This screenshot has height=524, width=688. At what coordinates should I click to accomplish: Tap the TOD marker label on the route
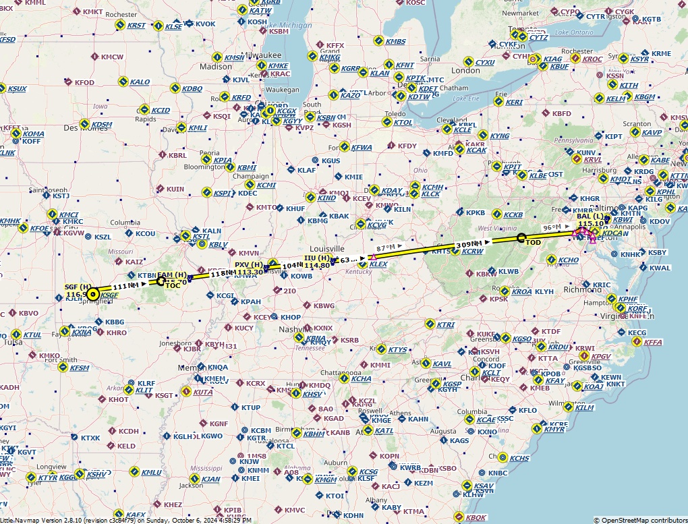pyautogui.click(x=534, y=243)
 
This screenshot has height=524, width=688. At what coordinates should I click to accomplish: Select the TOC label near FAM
pyautogui.click(x=173, y=285)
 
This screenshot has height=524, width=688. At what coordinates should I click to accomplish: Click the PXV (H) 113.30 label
pyautogui.click(x=249, y=268)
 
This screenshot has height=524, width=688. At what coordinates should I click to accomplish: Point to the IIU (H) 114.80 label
pyautogui.click(x=317, y=262)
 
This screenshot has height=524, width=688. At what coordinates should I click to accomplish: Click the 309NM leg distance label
pyautogui.click(x=470, y=244)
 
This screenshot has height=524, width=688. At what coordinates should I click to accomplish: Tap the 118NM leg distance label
pyautogui.click(x=223, y=274)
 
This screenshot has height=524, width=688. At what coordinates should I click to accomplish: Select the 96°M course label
pyautogui.click(x=552, y=228)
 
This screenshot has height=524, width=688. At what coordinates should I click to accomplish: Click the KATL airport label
pyautogui.click(x=384, y=431)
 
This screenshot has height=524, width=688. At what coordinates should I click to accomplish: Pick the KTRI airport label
pyautogui.click(x=446, y=325)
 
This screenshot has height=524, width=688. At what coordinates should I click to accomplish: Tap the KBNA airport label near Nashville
pyautogui.click(x=316, y=339)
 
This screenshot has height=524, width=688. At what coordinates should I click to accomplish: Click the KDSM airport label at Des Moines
pyautogui.click(x=101, y=125)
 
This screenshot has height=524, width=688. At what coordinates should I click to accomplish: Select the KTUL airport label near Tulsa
pyautogui.click(x=32, y=335)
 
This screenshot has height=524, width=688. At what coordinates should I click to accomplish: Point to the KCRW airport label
pyautogui.click(x=473, y=252)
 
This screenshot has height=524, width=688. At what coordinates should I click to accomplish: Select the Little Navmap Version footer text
pyautogui.click(x=125, y=520)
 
